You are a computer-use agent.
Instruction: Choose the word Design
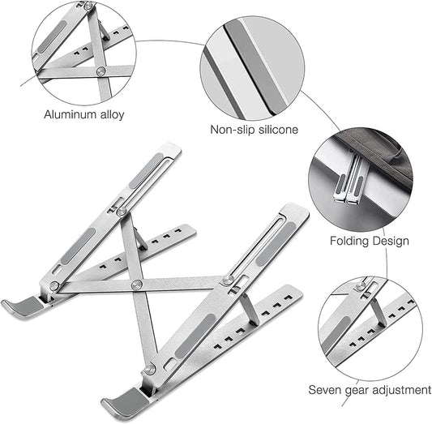(x=391, y=241)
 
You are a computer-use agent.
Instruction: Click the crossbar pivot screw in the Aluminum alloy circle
(x=101, y=71)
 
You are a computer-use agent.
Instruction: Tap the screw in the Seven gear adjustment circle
(x=359, y=286)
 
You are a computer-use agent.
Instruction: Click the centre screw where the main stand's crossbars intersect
(x=137, y=285)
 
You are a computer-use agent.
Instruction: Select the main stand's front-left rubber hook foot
(x=22, y=307)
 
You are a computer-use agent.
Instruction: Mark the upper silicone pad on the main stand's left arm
(x=146, y=171)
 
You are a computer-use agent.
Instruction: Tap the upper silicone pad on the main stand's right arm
(x=276, y=244)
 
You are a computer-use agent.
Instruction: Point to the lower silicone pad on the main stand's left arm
(x=78, y=246)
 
